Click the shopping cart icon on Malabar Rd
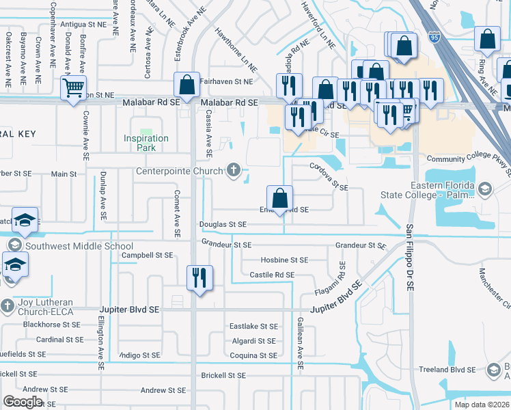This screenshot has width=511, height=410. pos(73,87)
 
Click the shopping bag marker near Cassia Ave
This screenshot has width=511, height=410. pos(187,85)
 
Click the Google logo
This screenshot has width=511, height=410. pos(23,401)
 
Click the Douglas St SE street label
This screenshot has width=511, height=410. pos(223,224)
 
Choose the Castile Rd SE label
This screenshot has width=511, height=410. pos(272,275)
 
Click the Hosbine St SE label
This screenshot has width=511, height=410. pos(284,260)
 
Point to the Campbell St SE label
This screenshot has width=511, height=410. pos(147,255)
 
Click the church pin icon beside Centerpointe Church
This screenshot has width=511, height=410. pos(234,170)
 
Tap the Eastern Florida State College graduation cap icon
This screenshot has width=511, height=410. pos(484,189)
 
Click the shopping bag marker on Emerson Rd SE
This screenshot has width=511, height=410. pos(279,199)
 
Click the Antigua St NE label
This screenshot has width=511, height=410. pos(83,24)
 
